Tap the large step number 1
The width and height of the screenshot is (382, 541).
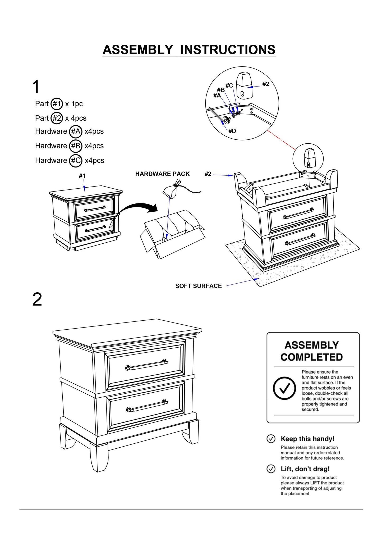(x=36, y=87)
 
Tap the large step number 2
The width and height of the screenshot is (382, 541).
(x=37, y=299)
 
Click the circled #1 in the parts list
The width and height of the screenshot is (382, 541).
(x=57, y=104)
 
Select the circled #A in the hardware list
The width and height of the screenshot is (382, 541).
(x=76, y=131)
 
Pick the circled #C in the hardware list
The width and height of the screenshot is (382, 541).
(x=76, y=161)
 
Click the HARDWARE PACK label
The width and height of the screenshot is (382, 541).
(x=162, y=174)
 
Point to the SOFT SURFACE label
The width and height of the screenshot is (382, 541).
(x=198, y=286)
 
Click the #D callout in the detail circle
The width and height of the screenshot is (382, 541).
(x=232, y=131)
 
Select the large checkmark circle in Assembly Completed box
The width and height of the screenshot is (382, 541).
(x=284, y=388)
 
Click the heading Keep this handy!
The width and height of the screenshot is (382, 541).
(x=307, y=439)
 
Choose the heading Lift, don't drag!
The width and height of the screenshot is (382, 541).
(x=305, y=469)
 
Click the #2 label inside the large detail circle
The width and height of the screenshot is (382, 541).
(x=265, y=84)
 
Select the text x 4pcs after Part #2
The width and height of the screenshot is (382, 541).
(x=76, y=118)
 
